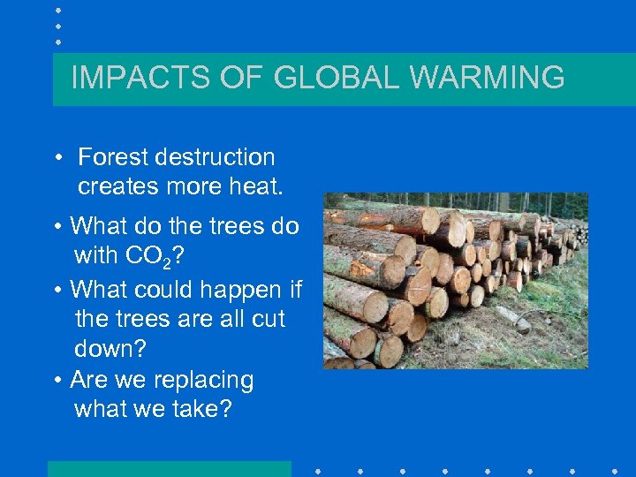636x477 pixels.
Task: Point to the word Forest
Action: (x=113, y=158)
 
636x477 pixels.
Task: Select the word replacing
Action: (x=203, y=381)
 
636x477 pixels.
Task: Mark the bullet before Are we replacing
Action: (x=56, y=381)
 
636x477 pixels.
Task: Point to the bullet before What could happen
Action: (x=56, y=290)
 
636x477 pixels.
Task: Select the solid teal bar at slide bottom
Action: (x=169, y=468)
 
